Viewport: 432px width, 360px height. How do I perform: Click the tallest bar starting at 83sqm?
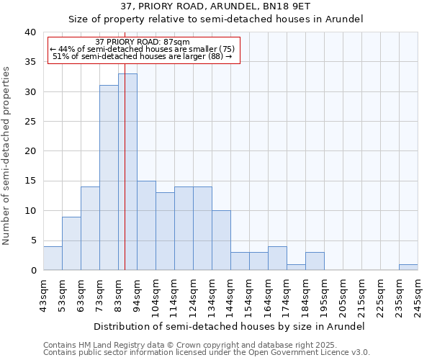click(127, 172)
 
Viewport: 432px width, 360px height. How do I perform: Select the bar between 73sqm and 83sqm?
click(109, 178)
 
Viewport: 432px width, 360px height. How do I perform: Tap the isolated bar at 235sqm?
click(408, 267)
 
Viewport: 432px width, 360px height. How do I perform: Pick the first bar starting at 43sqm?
click(53, 258)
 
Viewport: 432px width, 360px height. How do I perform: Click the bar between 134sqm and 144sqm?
click(221, 240)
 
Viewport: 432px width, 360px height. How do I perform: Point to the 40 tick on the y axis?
click(30, 32)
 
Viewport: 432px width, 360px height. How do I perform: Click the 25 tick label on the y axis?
click(30, 122)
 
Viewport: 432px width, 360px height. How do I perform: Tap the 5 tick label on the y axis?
click(32, 240)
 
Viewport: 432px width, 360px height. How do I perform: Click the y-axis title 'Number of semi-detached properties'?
click(7, 156)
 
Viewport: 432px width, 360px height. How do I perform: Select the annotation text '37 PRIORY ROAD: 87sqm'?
click(143, 42)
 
